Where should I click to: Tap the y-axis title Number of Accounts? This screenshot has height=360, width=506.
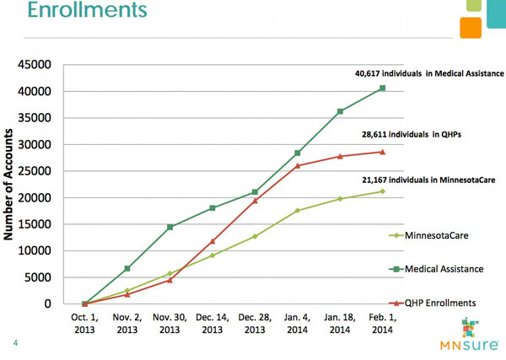click(14, 184)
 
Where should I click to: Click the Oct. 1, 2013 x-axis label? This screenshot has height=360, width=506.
click(84, 325)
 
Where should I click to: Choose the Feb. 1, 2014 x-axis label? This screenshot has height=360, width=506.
click(383, 325)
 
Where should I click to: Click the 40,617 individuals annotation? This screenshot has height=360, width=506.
click(428, 73)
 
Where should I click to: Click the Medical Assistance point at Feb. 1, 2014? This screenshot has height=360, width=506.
click(382, 89)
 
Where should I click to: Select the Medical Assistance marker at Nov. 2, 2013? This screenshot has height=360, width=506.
click(126, 268)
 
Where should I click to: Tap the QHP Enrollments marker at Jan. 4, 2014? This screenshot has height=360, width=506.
click(298, 165)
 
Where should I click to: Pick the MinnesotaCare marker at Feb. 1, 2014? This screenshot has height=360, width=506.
click(382, 191)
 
